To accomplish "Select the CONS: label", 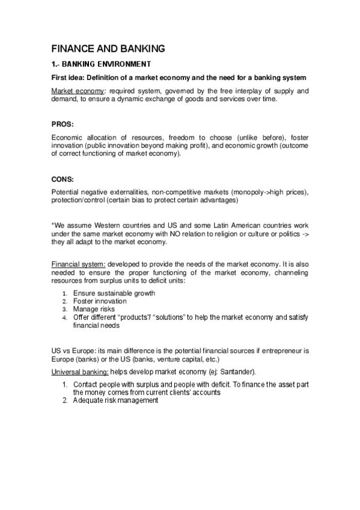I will (x=63, y=178).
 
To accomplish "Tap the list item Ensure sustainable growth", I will (x=114, y=293).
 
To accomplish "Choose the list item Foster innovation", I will (x=100, y=301).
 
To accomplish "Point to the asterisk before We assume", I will (x=52, y=226).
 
